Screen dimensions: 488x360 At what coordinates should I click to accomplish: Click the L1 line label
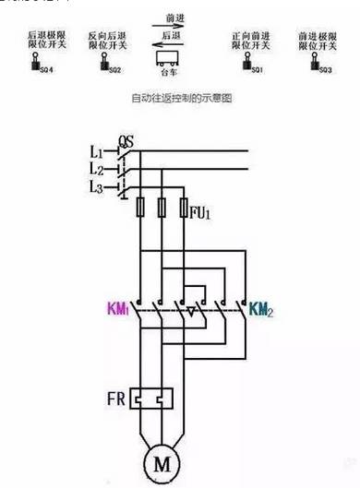click(x=96, y=150)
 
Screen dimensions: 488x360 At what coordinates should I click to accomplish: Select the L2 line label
click(x=96, y=169)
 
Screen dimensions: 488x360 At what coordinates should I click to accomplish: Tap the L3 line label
click(x=96, y=187)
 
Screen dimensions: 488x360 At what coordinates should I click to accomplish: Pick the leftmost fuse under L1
click(x=138, y=208)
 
